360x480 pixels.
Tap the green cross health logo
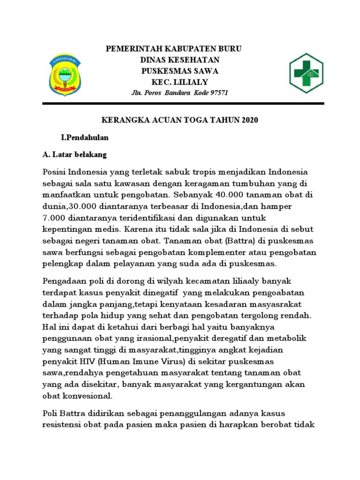point(306,73)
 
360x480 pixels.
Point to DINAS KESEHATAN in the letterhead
point(180,60)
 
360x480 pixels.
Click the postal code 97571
point(217,92)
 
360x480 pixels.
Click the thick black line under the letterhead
point(180,103)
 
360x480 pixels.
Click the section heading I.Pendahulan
point(85,138)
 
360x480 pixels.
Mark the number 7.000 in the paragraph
point(55,217)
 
